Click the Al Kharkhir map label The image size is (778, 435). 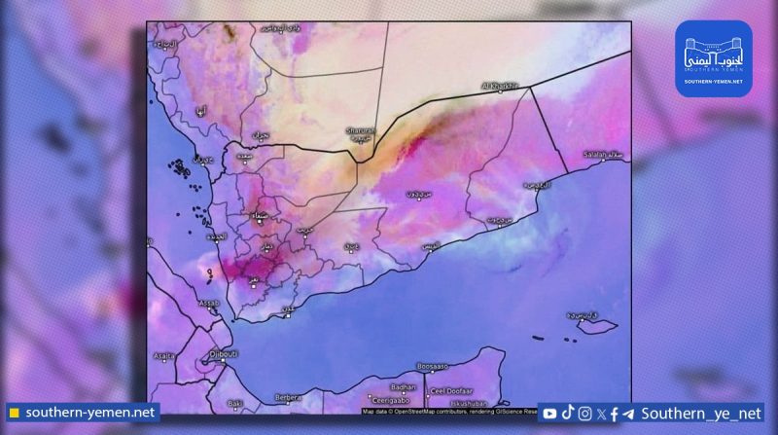pyautogui.click(x=501, y=87)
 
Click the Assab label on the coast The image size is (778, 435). pyautogui.click(x=208, y=304)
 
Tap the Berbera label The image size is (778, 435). pyautogui.click(x=288, y=397)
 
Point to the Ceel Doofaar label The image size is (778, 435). pyautogui.click(x=446, y=392)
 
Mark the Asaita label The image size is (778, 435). pyautogui.click(x=162, y=356)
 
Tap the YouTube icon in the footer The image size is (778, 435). pyautogui.click(x=549, y=414)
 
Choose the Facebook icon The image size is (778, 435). pyautogui.click(x=614, y=414)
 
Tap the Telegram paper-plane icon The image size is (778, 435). pyautogui.click(x=627, y=414)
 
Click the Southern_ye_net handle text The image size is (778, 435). pyautogui.click(x=696, y=414)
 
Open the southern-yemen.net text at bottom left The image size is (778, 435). pyautogui.click(x=89, y=413)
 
